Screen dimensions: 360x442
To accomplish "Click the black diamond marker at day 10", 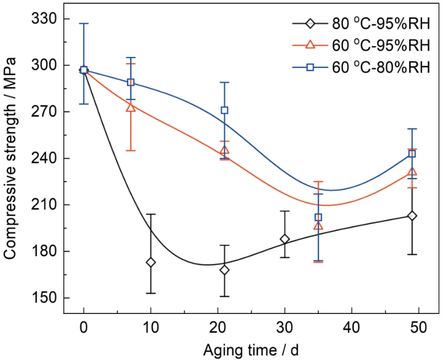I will coord(151,262).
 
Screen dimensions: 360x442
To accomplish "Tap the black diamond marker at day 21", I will coord(224,270).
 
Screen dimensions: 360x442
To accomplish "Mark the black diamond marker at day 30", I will coord(284,239).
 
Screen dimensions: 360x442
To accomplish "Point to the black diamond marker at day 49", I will coord(412,216).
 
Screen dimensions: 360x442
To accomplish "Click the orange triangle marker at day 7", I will coord(131,107).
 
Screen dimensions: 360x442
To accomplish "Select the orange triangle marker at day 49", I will coord(412,172).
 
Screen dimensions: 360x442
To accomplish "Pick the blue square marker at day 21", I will coord(224,110).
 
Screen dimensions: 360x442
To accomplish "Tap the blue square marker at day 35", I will coord(318,217).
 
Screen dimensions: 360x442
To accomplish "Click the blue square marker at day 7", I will coord(131,82).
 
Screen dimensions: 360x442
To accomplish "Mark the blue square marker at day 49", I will coord(412,154).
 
